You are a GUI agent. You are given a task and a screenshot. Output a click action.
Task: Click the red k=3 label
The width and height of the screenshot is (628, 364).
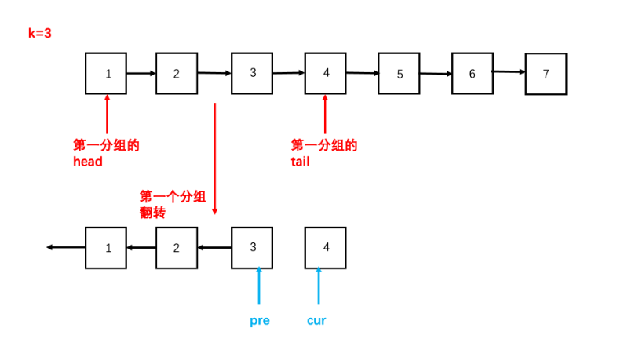coord(39,34)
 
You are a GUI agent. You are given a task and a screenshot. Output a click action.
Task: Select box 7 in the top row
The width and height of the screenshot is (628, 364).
coord(546,74)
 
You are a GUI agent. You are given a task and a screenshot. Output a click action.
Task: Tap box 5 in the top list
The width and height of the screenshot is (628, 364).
coord(399,74)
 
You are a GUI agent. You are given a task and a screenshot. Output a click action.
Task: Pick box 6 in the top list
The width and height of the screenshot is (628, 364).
coord(473,74)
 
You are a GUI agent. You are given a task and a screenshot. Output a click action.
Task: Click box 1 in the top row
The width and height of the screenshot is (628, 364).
coord(107,74)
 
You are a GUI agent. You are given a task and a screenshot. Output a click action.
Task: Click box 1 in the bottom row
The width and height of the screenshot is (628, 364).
coord(107,247)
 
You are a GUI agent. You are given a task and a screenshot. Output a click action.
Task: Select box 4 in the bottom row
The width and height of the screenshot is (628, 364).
coord(326,247)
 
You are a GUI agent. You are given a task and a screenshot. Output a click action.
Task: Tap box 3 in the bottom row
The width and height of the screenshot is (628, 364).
coord(253,247)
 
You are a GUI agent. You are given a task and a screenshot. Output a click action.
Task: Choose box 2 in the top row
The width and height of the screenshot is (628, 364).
coord(176,74)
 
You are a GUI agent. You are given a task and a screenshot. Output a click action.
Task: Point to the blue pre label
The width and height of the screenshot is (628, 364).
coord(259,320)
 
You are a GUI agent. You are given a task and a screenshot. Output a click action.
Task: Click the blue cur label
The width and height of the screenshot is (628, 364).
coord(316,320)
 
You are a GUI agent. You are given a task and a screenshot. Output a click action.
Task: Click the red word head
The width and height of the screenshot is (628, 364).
coord(87,162)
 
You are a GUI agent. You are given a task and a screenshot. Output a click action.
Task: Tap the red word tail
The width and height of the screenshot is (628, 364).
coord(300,162)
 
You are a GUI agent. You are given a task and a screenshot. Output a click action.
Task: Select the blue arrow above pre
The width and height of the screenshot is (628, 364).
coord(258,286)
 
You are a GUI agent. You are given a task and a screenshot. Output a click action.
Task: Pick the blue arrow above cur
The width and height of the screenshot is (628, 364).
coord(319,286)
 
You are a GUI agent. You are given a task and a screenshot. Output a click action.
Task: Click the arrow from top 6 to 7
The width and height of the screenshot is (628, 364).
coord(509,72)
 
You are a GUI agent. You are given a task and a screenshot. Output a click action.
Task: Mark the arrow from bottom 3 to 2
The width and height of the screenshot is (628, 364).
coord(214,248)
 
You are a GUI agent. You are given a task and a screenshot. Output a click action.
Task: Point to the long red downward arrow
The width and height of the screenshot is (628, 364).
coord(214,157)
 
